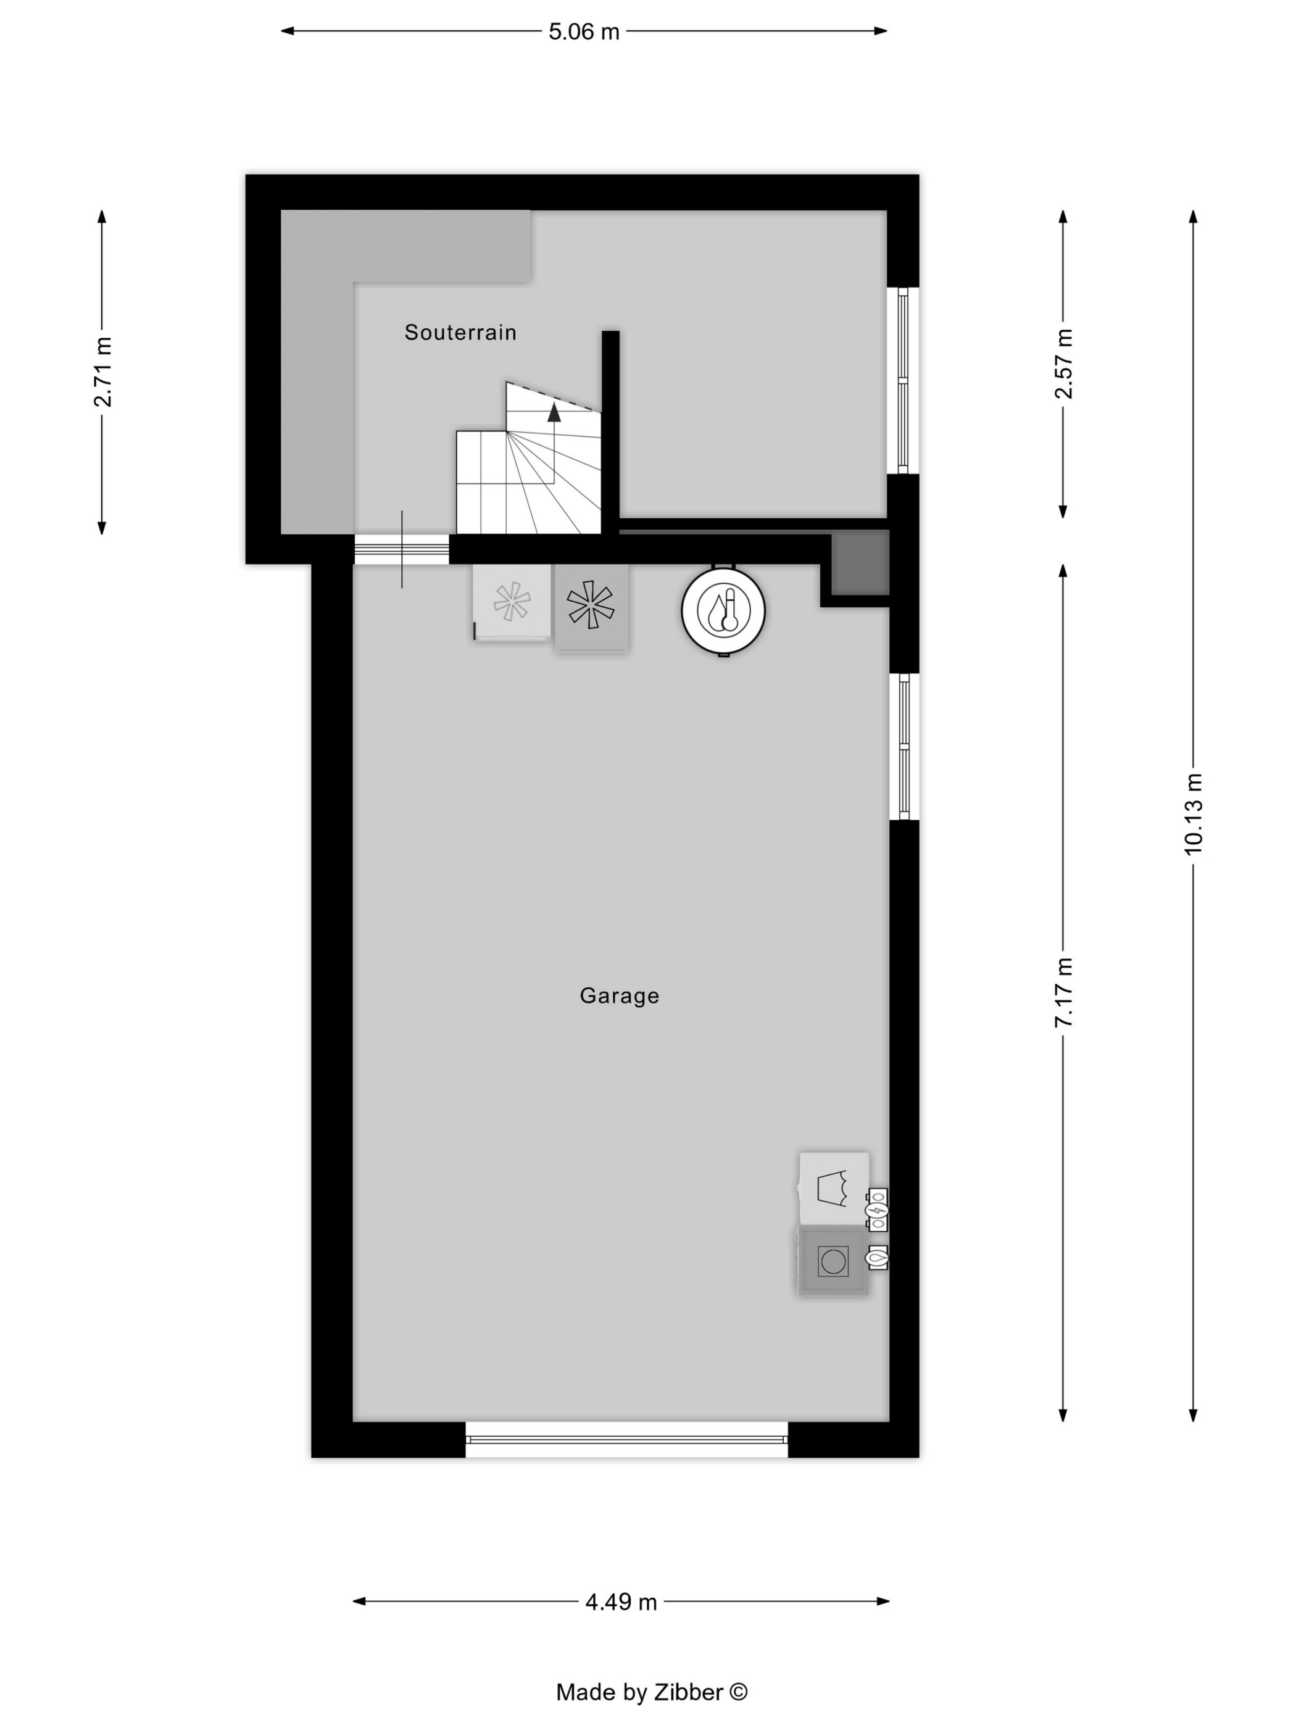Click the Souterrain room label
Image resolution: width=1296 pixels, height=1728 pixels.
tap(460, 332)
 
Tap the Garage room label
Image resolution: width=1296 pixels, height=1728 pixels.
tap(620, 996)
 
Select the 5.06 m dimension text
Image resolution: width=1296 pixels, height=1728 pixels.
tap(584, 31)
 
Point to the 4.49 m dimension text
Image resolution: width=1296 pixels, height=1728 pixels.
tap(621, 1601)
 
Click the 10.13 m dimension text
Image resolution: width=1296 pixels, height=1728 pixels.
tap(1193, 814)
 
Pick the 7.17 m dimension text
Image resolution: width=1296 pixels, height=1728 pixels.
tap(1063, 992)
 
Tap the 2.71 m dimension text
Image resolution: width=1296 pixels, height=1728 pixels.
tap(102, 372)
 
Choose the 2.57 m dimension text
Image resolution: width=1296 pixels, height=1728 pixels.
tap(1063, 364)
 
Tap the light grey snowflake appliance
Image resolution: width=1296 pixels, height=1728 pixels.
tap(512, 602)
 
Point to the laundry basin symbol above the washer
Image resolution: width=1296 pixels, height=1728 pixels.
tap(834, 1188)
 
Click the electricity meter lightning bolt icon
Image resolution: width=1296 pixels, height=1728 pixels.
tap(876, 1210)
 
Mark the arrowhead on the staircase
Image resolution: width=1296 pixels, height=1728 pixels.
tap(554, 412)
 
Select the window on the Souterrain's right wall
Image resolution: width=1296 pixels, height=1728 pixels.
tap(903, 380)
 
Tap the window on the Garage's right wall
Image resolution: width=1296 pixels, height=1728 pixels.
tap(904, 747)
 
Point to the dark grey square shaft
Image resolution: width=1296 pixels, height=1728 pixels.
tap(860, 562)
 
